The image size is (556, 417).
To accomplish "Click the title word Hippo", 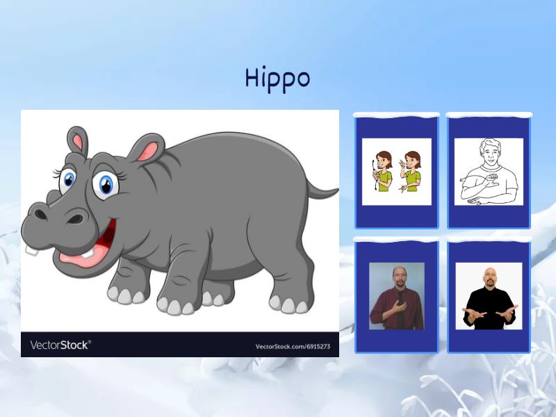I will pos(277,77).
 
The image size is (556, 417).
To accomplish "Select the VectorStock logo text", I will pos(60,345).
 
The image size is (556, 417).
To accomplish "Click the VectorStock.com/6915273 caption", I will pos(293,346).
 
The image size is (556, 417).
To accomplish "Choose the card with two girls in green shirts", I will pos(397,172).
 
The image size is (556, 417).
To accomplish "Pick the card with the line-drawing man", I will pos(489,172).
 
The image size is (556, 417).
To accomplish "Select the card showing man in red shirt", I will pos(397,295).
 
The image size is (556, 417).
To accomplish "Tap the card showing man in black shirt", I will pos(489,295).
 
